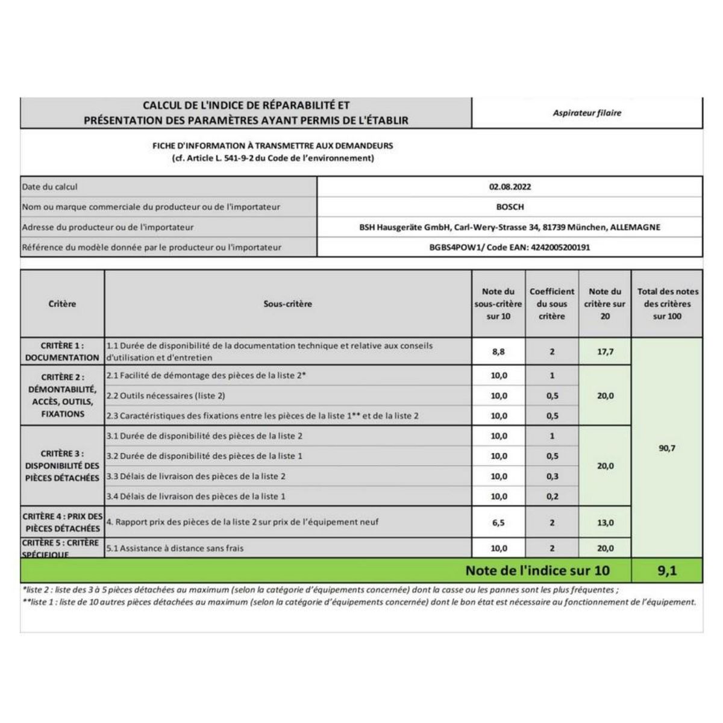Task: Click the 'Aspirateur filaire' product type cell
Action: [x=587, y=113]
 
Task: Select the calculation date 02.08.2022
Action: [x=510, y=187]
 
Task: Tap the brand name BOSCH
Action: [x=510, y=207]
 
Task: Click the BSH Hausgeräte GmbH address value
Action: [x=510, y=227]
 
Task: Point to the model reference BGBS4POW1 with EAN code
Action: [x=510, y=247]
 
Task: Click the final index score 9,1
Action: [x=667, y=571]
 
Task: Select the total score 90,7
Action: [x=667, y=448]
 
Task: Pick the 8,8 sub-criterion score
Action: [x=498, y=352]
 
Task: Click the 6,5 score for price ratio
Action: [x=498, y=523]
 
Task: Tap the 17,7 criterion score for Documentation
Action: [x=605, y=352]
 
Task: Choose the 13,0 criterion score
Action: [x=605, y=523]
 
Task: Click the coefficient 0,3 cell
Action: [x=552, y=477]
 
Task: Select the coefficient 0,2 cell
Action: [x=552, y=496]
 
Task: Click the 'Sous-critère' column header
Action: [x=288, y=304]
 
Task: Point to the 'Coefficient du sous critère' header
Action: [x=552, y=304]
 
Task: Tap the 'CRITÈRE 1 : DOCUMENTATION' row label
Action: [x=62, y=352]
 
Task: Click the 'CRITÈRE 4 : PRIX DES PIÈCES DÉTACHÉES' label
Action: [x=62, y=522]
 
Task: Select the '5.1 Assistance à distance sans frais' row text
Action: [x=175, y=548]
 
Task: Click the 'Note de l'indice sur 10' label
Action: [x=537, y=571]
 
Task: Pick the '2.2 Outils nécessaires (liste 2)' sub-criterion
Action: [x=166, y=396]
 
